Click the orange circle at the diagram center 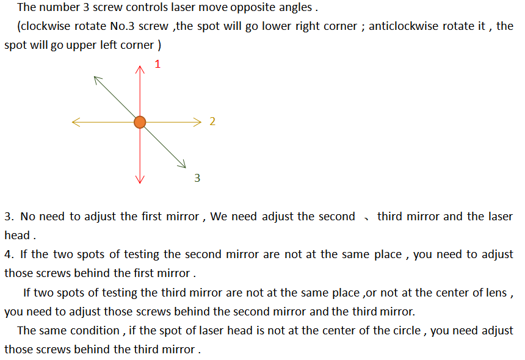(140, 122)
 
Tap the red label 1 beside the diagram (157, 64)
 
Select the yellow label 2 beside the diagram (212, 121)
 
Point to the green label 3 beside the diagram (197, 178)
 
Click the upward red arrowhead (140, 70)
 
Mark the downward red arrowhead (140, 179)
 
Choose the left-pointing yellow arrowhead (76, 122)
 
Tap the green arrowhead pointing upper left (98, 80)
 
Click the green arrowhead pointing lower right (182, 164)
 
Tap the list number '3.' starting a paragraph (9, 217)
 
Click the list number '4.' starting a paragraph (9, 254)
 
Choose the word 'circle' (407, 331)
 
